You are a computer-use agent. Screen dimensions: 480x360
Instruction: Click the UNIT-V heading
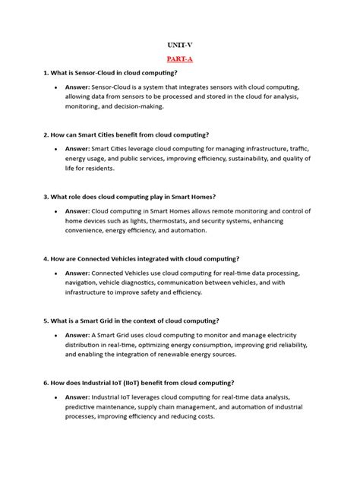pos(179,45)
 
